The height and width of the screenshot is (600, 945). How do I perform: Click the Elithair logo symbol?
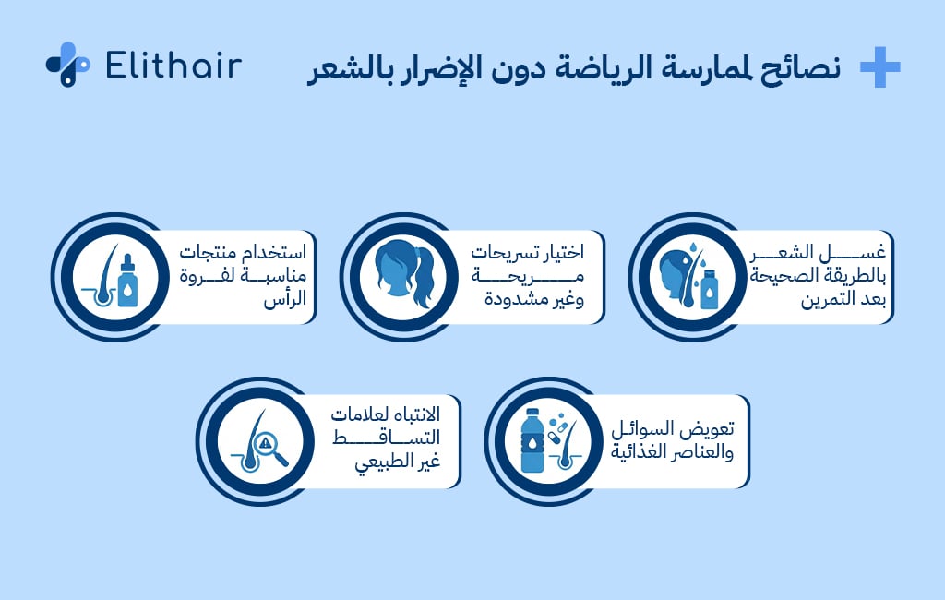click(67, 65)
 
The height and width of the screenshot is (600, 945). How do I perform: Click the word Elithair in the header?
click(173, 66)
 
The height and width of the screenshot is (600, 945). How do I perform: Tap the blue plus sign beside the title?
click(879, 67)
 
